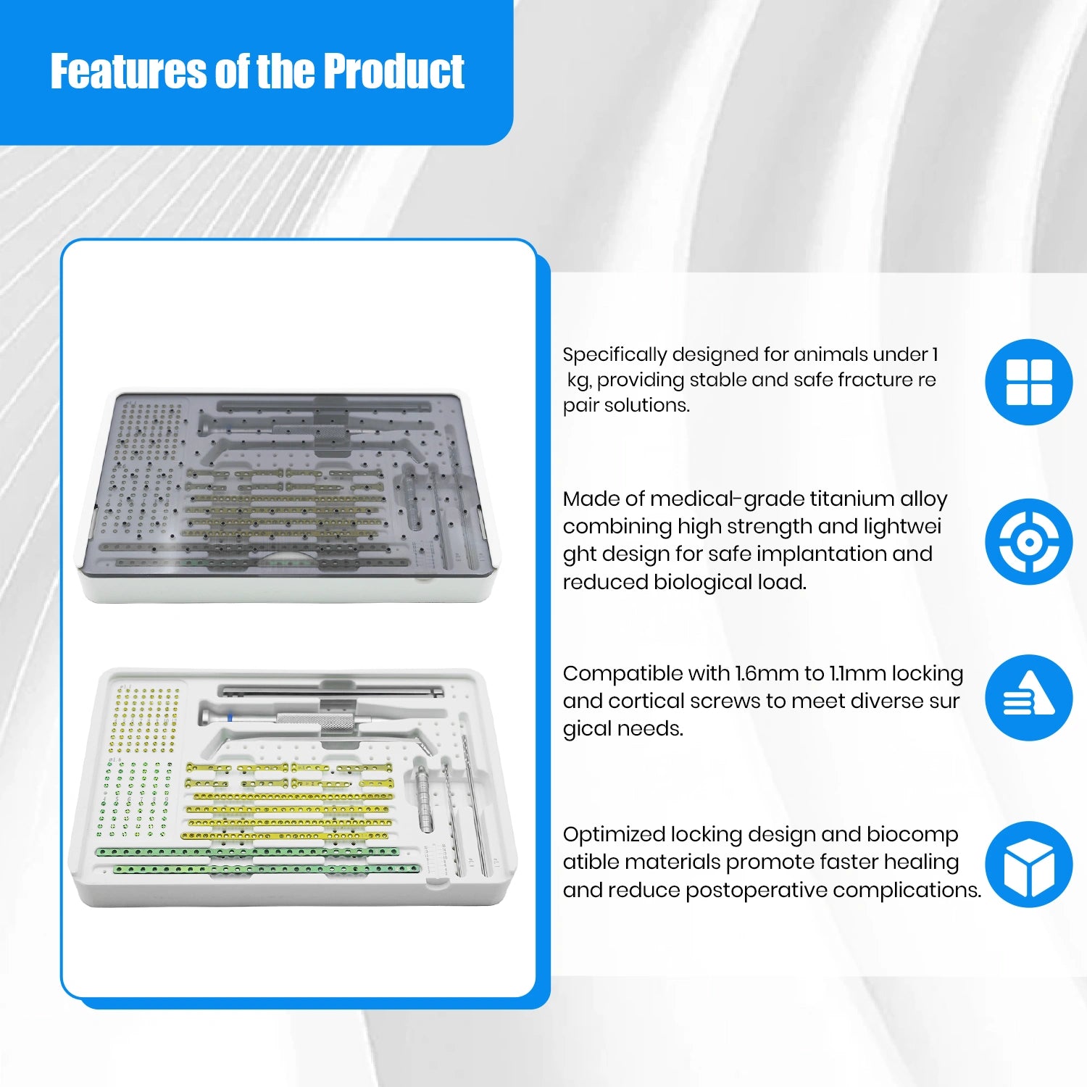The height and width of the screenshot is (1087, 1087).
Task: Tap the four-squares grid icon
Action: (x=1028, y=382)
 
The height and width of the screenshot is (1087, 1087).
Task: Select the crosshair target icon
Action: (x=1028, y=542)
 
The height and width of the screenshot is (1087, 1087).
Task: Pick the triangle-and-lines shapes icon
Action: (x=1028, y=698)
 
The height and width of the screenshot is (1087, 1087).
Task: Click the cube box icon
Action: (x=1028, y=864)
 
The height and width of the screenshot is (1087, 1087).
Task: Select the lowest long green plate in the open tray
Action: (x=275, y=868)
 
